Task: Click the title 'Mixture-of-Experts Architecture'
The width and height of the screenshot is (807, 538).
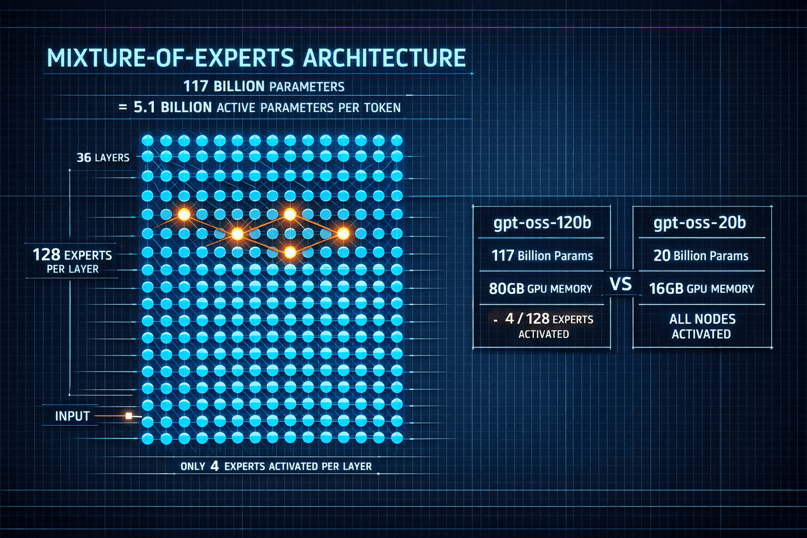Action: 256,58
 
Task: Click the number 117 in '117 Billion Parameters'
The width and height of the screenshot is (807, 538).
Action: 195,86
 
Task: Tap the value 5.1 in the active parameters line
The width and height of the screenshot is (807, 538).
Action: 144,107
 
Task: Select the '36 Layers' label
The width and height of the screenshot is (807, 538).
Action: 103,158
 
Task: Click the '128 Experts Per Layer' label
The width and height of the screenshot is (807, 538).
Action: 73,261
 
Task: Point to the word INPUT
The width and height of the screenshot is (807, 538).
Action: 73,416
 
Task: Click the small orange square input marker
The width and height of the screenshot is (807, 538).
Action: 129,416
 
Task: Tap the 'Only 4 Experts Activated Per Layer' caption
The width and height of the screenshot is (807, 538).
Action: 276,466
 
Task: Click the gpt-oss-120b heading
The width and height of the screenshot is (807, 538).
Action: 542,223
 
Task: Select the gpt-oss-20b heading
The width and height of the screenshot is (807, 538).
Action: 700,223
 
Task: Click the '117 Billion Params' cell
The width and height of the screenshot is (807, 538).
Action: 542,256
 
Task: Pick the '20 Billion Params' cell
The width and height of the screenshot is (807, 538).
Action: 701,256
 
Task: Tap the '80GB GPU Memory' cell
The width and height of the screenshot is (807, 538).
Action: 541,288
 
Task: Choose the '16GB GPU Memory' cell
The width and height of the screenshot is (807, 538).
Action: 701,288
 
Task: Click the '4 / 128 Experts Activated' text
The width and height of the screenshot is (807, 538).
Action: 546,326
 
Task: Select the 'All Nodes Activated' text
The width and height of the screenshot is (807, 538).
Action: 702,326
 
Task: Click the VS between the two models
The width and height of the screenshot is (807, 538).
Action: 621,284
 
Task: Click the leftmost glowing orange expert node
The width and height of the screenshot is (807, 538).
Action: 184,214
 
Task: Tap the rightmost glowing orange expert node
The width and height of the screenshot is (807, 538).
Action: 343,234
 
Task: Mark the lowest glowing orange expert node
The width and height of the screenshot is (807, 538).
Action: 289,253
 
